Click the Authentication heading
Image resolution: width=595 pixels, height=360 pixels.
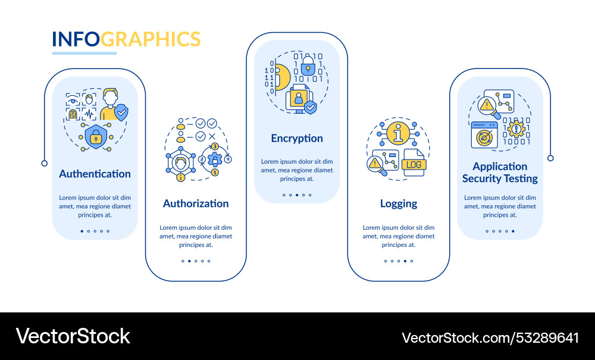pyautogui.click(x=95, y=174)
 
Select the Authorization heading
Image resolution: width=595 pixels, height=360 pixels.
pyautogui.click(x=196, y=204)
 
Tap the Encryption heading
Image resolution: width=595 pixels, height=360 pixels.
pyautogui.click(x=297, y=139)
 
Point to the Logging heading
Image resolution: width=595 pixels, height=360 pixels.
pyautogui.click(x=399, y=204)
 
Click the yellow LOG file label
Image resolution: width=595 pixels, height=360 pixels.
pyautogui.click(x=414, y=165)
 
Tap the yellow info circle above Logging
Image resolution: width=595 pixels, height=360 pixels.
pyautogui.click(x=398, y=133)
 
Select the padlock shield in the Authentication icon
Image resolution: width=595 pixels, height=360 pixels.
pyautogui.click(x=96, y=137)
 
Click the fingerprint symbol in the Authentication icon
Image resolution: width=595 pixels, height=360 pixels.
pyautogui.click(x=73, y=114)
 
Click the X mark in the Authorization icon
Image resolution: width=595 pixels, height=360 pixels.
pyautogui.click(x=212, y=136)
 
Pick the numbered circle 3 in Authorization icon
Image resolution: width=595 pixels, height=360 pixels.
pyautogui.click(x=215, y=146)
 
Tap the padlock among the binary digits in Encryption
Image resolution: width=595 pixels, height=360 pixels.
pyautogui.click(x=308, y=66)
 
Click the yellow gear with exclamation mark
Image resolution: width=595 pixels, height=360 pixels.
pyautogui.click(x=516, y=129)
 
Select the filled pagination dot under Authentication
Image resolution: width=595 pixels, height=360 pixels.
pyautogui.click(x=82, y=231)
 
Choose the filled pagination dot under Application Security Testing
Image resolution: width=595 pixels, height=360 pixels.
pyautogui.click(x=513, y=231)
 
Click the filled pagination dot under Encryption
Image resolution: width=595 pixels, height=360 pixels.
pyautogui.click(x=297, y=195)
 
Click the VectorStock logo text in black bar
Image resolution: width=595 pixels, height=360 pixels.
pyautogui.click(x=73, y=336)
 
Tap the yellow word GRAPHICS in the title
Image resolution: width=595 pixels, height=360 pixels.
pyautogui.click(x=151, y=39)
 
